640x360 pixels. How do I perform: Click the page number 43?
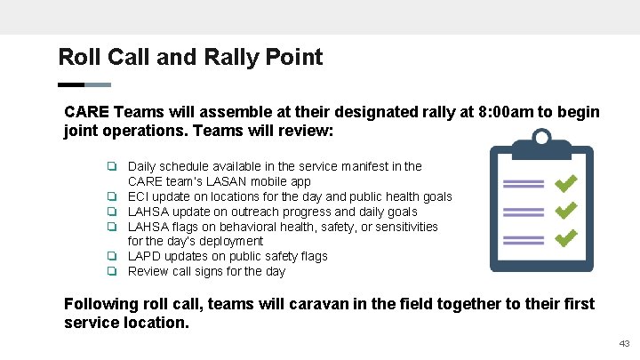point(625,344)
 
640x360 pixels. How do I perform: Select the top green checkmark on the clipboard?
point(565,183)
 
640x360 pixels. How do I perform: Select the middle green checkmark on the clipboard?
point(565,212)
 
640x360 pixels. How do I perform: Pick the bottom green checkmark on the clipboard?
point(565,239)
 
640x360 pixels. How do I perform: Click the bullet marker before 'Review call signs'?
point(113,271)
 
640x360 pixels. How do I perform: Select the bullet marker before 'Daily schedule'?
point(113,166)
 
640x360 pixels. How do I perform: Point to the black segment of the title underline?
point(71,85)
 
